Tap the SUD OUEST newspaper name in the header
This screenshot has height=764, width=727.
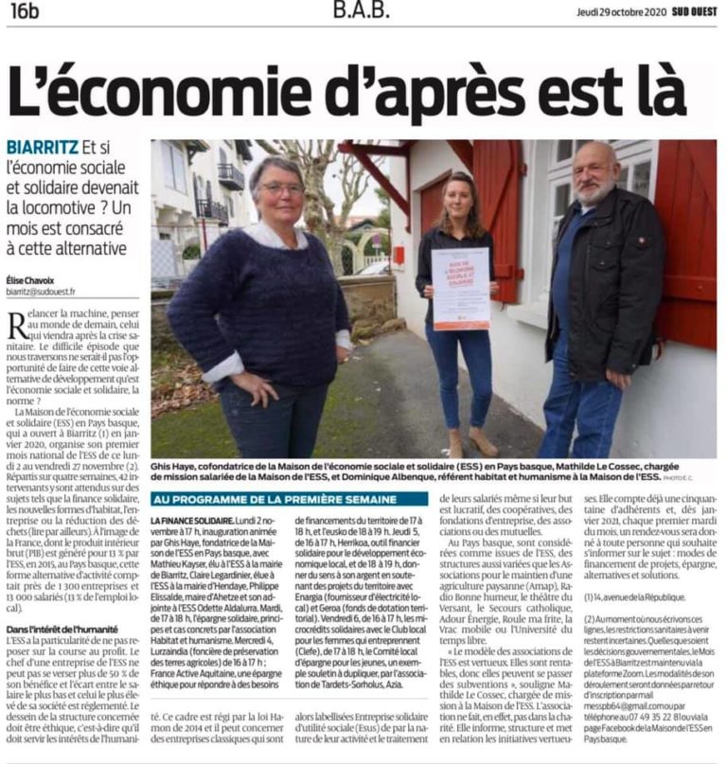tap(687, 13)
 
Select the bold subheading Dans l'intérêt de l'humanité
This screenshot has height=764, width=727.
tap(62, 629)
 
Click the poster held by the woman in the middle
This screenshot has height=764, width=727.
tap(460, 288)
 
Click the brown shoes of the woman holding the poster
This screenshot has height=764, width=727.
tap(470, 442)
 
